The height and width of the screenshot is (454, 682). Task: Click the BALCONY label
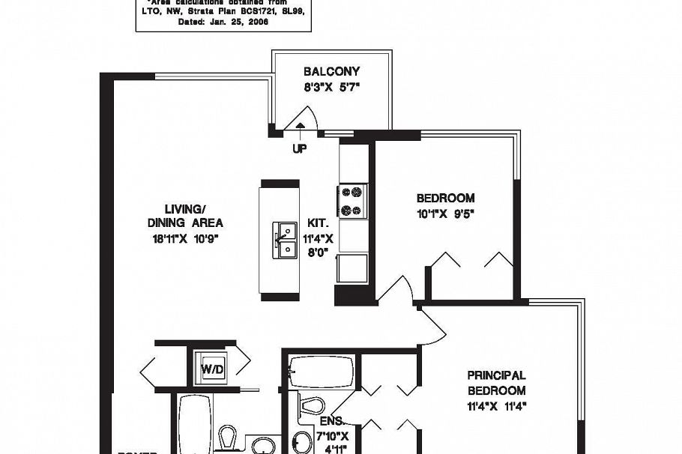(x=331, y=72)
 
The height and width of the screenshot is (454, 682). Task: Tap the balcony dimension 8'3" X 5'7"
(x=331, y=87)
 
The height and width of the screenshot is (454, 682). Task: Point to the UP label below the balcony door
(x=299, y=149)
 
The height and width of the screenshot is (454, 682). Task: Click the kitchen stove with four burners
(x=353, y=201)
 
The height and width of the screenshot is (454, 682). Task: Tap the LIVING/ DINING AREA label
(x=184, y=216)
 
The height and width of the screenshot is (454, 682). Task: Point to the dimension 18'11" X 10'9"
(x=184, y=239)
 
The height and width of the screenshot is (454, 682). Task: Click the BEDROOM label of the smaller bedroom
(x=445, y=198)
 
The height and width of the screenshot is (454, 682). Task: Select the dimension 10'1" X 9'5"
(x=445, y=213)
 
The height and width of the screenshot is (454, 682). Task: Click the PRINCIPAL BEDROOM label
(x=496, y=383)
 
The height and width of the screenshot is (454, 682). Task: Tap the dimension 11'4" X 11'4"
(x=496, y=408)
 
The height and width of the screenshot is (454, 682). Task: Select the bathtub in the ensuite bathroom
(x=322, y=369)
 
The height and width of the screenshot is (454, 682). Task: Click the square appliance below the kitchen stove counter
(x=352, y=267)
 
